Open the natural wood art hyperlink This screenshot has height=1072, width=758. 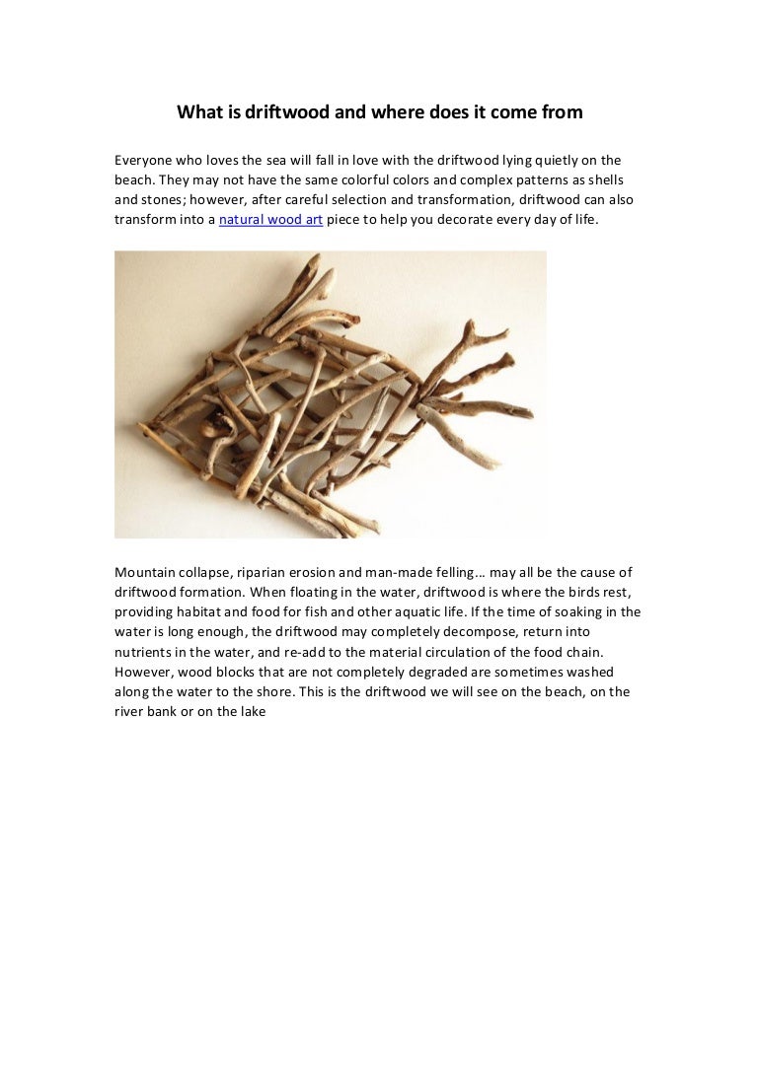point(270,221)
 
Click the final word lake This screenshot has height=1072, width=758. point(251,711)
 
